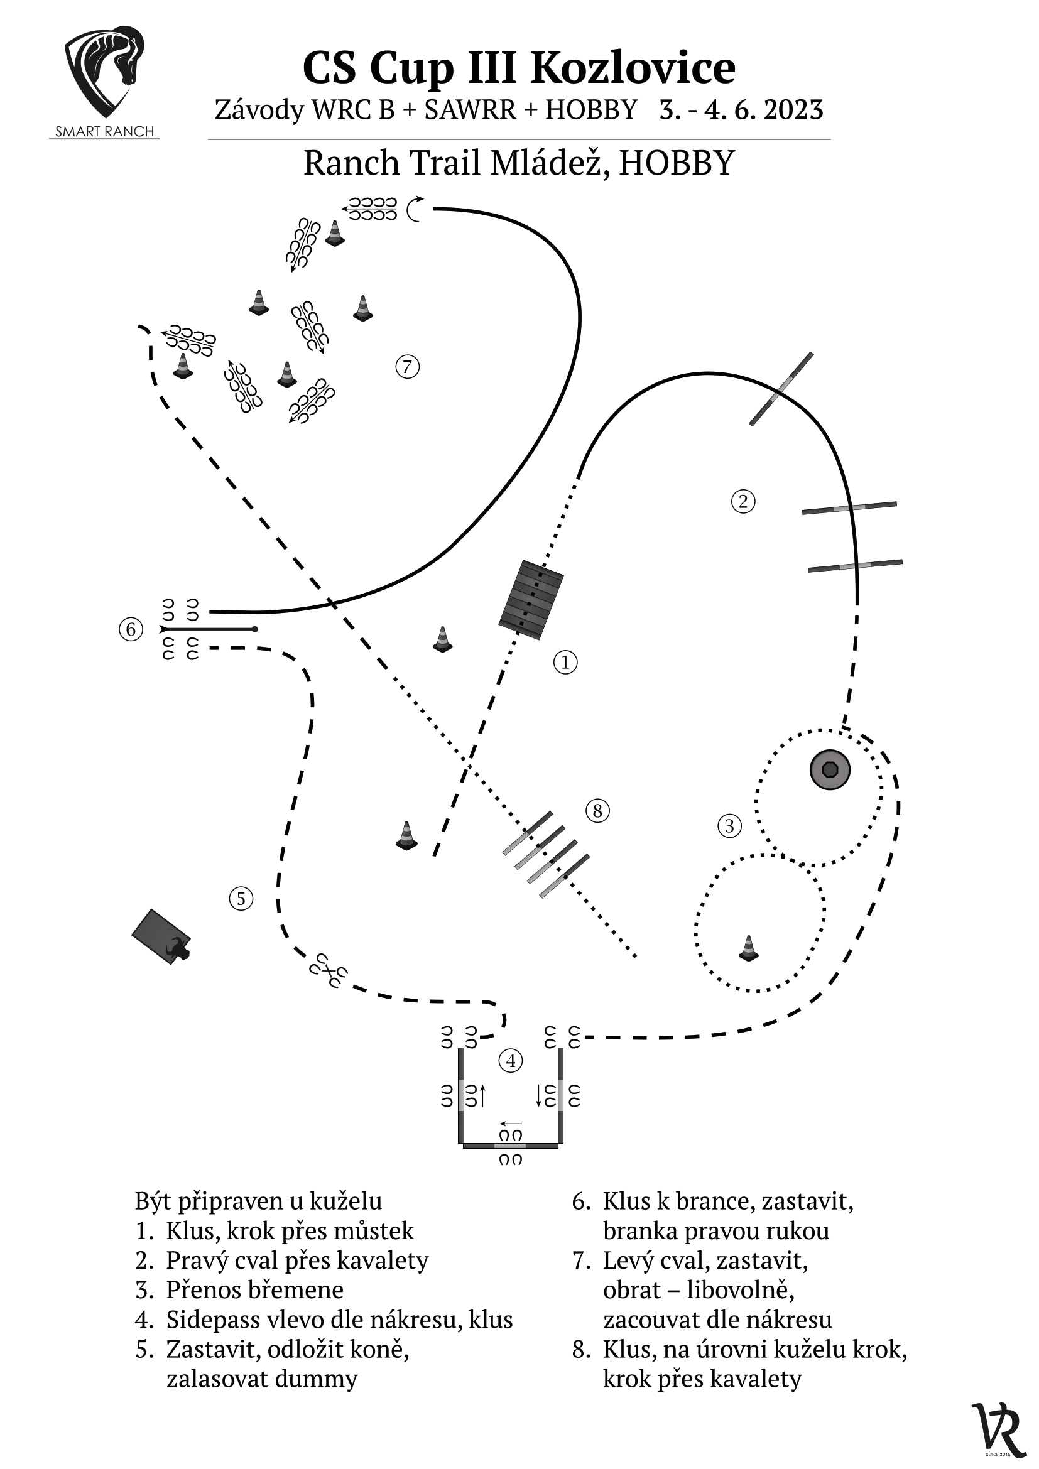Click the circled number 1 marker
pos(565,662)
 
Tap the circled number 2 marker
pos(743,501)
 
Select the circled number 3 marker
pos(729,825)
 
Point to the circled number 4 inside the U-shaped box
pos(511,1061)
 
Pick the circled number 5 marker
pos(241,898)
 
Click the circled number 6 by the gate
pos(131,629)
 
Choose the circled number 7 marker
pos(408,367)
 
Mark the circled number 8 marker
pos(597,811)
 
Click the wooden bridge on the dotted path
pos(531,600)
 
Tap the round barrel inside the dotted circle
pos(830,769)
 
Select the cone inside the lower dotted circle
pos(749,948)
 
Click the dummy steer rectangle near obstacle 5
pos(161,936)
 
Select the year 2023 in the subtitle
pos(793,110)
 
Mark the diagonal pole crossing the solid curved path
pos(781,389)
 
